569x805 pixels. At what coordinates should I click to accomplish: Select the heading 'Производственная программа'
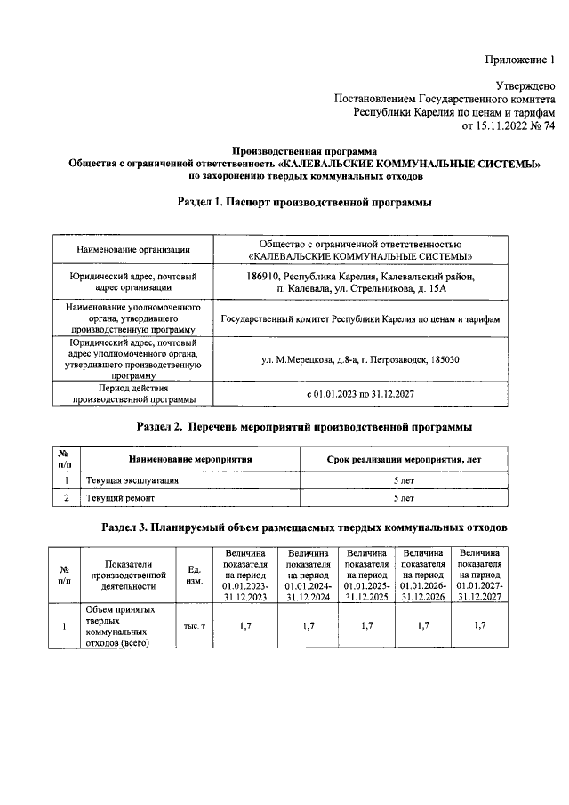point(305,150)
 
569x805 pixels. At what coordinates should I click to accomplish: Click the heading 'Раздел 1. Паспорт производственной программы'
point(305,204)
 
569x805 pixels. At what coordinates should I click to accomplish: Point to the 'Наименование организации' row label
point(132,249)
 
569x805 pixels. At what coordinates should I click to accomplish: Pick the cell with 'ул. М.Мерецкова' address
point(360,358)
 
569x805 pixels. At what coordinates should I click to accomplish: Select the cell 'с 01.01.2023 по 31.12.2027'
point(360,392)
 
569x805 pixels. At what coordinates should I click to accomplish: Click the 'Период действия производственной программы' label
point(132,393)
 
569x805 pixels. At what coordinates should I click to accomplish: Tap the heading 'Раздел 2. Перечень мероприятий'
point(305,427)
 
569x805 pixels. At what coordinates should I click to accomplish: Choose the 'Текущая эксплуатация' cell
point(132,480)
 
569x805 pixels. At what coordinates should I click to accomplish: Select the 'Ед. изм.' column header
point(194,576)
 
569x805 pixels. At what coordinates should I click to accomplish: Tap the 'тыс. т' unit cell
point(194,627)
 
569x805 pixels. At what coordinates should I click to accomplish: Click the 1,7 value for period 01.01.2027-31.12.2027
point(479,626)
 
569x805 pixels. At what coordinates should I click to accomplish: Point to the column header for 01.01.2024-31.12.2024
point(309,576)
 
